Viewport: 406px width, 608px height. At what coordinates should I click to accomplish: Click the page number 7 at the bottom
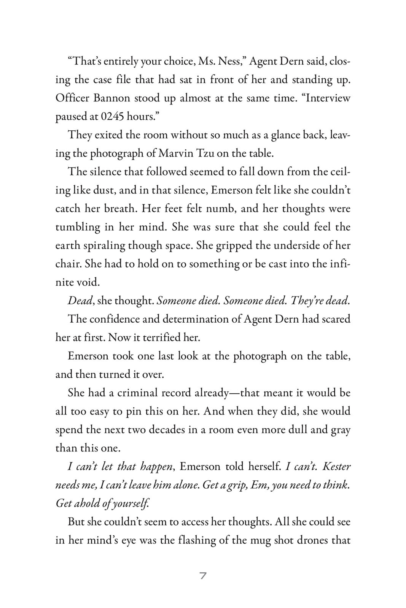tap(203, 576)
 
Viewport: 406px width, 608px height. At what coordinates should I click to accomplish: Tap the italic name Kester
tap(336, 466)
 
